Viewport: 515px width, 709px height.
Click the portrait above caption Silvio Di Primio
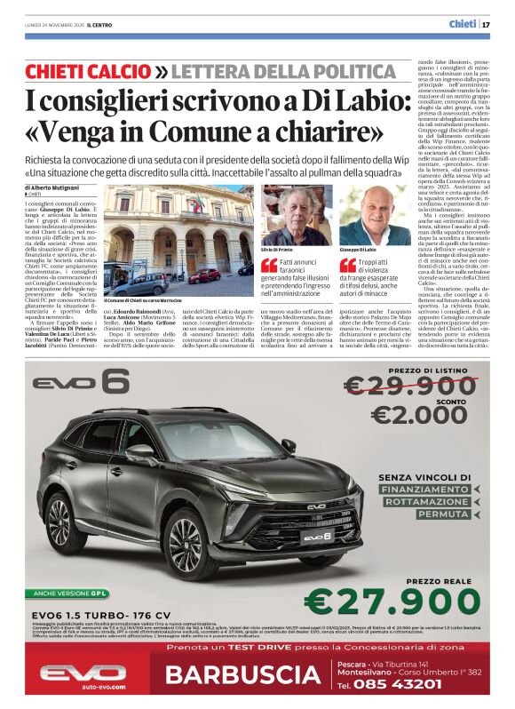(x=297, y=214)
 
